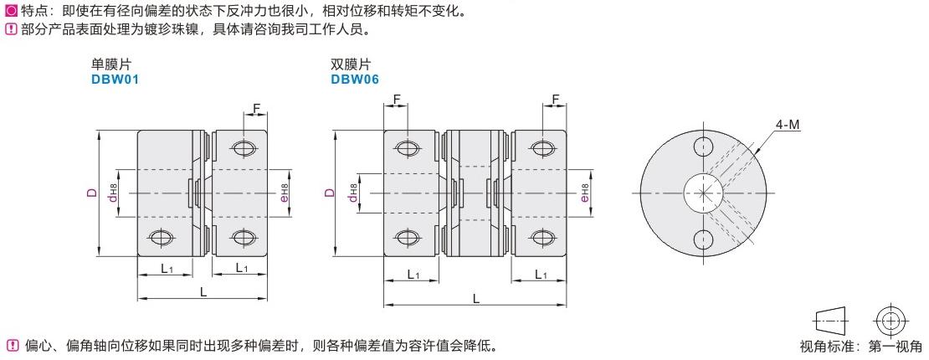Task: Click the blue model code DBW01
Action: [115, 80]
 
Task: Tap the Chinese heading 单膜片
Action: [111, 64]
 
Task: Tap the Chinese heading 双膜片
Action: [351, 64]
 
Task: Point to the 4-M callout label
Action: [788, 125]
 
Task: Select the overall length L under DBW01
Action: [203, 290]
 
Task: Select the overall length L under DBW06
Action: [476, 297]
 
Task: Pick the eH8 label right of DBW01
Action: [285, 194]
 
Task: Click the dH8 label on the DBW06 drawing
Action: [353, 194]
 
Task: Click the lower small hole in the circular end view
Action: [703, 240]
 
